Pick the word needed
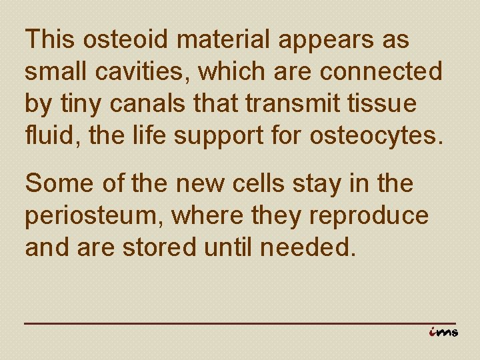(311, 248)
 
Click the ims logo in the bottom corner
(443, 331)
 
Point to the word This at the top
(51, 40)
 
